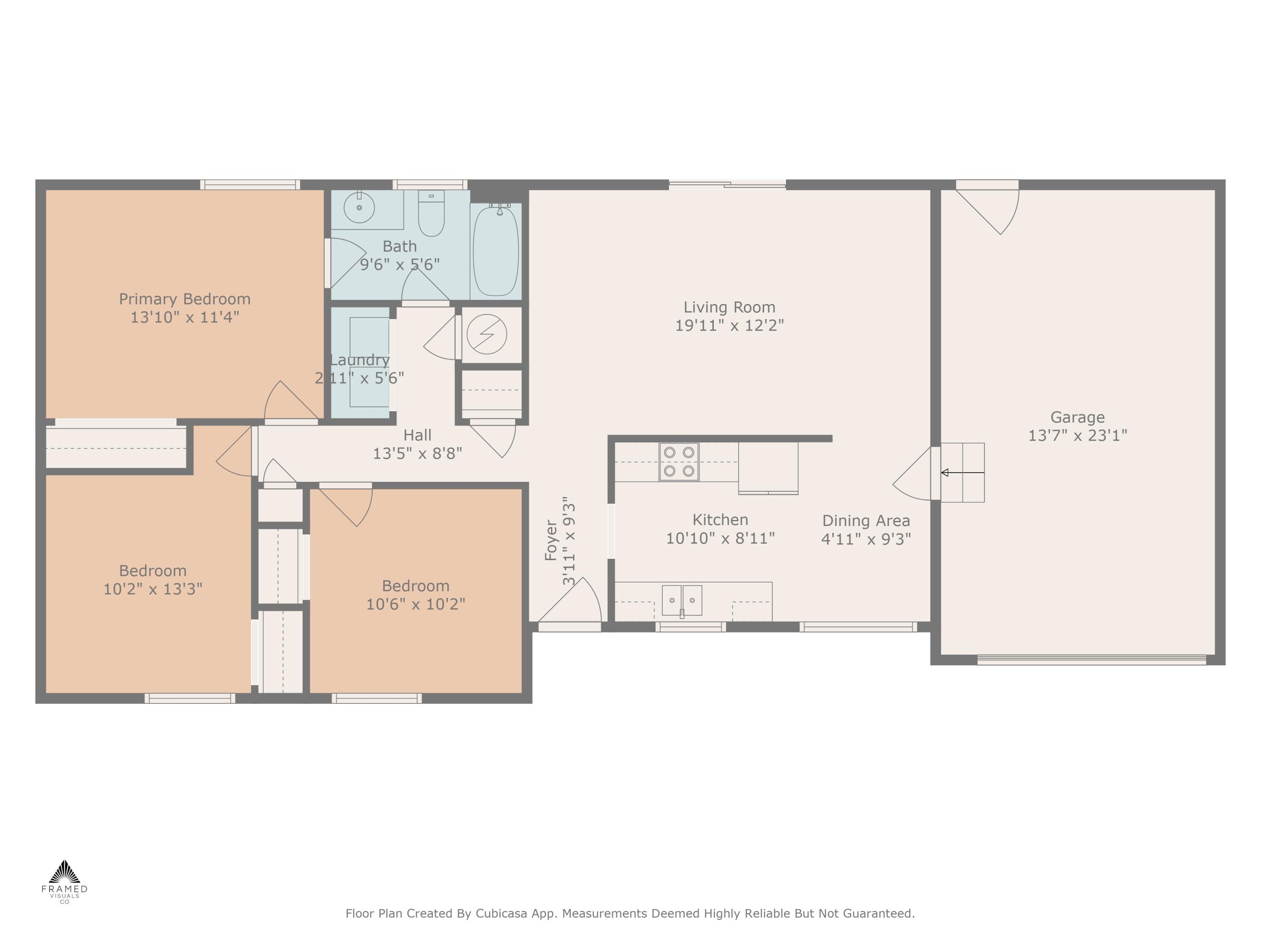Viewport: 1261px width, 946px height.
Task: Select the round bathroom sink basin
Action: coord(359,208)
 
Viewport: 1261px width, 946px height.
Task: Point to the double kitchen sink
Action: coord(681,600)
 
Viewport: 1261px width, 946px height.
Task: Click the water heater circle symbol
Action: coord(486,334)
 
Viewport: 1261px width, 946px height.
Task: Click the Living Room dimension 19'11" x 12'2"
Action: coord(729,325)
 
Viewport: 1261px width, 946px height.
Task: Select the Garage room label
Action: coord(1077,418)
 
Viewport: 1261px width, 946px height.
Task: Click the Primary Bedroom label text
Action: coord(184,299)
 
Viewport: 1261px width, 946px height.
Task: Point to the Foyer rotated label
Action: coord(551,540)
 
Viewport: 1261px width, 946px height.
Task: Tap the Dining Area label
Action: coord(865,521)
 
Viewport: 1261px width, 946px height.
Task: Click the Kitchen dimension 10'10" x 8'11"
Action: coord(720,538)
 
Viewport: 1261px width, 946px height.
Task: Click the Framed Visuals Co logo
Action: coord(64,881)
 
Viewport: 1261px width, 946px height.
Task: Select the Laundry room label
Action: coord(360,360)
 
